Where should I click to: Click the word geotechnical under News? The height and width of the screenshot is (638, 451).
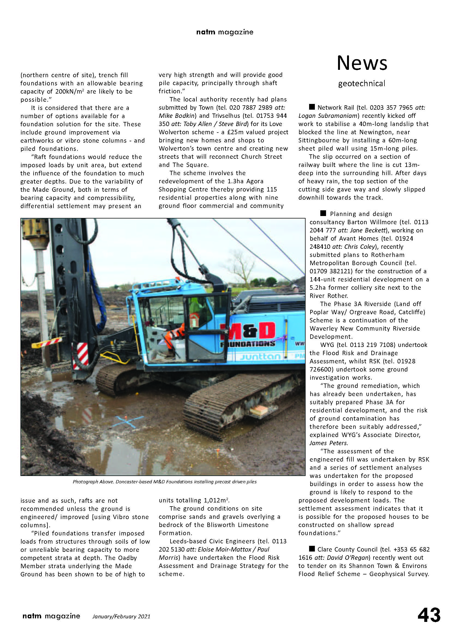(362, 83)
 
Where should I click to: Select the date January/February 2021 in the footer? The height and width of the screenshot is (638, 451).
(121, 616)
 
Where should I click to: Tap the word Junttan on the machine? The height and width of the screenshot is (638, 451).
(260, 356)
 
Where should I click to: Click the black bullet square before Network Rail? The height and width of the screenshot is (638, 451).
(312, 107)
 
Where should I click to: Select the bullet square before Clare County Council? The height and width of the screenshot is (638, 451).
(312, 549)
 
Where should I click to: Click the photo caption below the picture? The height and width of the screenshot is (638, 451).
(165, 481)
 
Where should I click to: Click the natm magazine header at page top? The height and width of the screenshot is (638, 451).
(225, 32)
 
